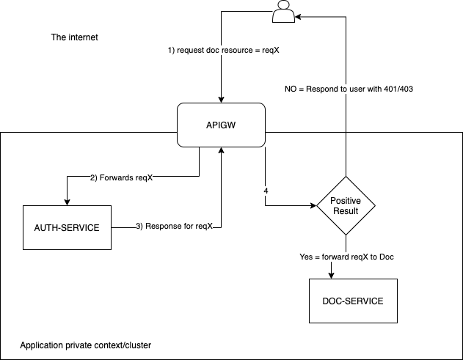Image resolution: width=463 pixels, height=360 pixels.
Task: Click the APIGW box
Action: (221, 124)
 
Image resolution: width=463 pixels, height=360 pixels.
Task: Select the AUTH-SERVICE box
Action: (66, 227)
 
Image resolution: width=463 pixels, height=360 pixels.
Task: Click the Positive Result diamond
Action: (345, 205)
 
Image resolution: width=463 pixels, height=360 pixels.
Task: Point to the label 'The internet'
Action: (73, 37)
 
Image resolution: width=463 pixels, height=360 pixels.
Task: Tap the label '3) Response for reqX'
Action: (174, 227)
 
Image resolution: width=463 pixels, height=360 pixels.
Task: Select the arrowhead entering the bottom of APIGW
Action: (221, 150)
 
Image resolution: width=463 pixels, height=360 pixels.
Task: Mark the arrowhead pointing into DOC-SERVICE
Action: (332, 275)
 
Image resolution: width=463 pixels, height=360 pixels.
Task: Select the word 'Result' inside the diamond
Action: (345, 210)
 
